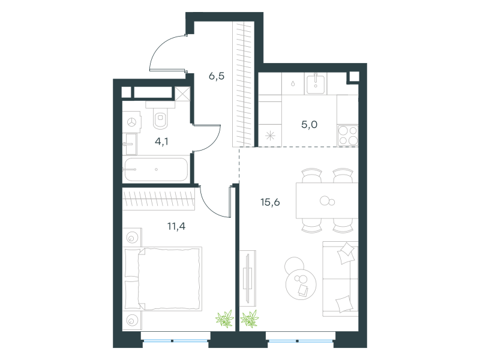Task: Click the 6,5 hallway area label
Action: (217, 76)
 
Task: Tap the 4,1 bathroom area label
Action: (161, 142)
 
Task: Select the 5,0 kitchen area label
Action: (309, 125)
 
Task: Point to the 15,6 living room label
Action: (270, 202)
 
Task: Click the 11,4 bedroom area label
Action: (176, 226)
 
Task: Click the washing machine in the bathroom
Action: (131, 122)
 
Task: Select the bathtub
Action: (156, 169)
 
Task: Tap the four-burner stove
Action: (348, 136)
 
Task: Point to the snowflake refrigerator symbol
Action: (271, 136)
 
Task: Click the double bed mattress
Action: (170, 278)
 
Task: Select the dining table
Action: (327, 200)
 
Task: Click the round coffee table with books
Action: (301, 284)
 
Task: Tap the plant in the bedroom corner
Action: (225, 319)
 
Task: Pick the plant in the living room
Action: (250, 319)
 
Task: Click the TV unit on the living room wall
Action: (248, 278)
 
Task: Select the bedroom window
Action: (176, 340)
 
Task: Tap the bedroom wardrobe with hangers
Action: (158, 199)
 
